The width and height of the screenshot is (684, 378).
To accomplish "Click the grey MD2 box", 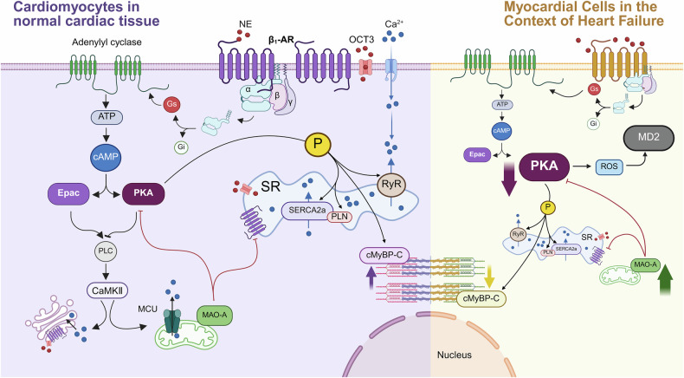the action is click(649, 138).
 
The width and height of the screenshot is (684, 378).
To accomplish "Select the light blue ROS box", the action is click(609, 166).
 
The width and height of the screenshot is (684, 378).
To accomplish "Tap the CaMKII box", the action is click(106, 290).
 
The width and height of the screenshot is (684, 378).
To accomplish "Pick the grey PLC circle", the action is click(106, 251).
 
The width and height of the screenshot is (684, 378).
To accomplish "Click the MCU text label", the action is click(147, 309).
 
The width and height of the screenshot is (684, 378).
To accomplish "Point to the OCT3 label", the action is click(361, 40).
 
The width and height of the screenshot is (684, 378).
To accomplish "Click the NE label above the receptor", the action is click(245, 24).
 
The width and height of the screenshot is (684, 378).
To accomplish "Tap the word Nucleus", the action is click(454, 355).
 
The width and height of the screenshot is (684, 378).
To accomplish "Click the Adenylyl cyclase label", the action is click(106, 42).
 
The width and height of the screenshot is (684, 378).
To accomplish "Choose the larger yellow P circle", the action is click(318, 144).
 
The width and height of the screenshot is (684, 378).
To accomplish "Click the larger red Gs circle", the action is click(172, 104).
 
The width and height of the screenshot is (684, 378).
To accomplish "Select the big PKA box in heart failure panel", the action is click(545, 166).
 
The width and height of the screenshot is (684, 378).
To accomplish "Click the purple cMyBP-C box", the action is click(384, 256).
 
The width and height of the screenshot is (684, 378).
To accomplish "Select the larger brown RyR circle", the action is click(391, 185).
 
